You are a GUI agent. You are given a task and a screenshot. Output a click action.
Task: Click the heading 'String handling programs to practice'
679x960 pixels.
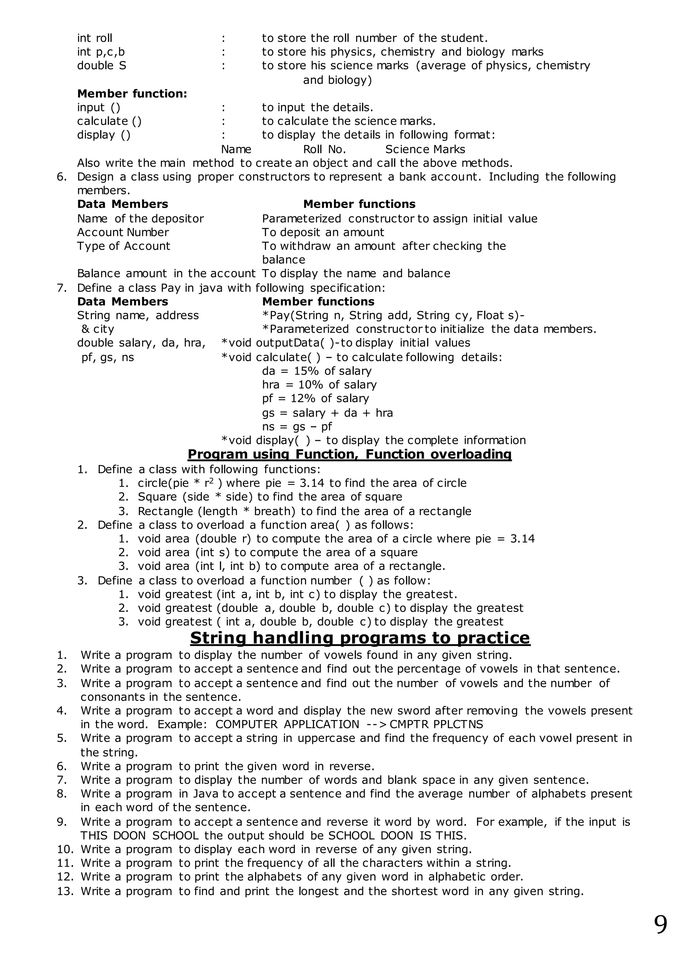[360, 638]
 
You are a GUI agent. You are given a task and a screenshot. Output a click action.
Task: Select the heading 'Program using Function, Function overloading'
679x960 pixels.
[349, 454]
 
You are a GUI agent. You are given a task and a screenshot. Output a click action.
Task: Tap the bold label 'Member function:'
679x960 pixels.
[132, 94]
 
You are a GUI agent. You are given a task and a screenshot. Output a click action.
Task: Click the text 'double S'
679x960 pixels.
[101, 66]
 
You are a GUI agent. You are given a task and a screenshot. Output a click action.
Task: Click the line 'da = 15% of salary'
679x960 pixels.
[317, 371]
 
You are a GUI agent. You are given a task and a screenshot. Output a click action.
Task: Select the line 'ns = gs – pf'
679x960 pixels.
[297, 427]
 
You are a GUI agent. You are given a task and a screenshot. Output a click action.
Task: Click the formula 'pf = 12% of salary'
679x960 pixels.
[315, 398]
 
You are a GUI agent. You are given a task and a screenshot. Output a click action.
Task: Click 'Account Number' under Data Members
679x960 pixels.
[123, 232]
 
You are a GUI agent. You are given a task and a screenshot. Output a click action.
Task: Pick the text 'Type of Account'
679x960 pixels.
[124, 246]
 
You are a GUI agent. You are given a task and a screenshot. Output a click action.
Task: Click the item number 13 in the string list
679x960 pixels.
[65, 891]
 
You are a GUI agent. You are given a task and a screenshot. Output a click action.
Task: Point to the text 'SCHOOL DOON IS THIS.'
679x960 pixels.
[397, 836]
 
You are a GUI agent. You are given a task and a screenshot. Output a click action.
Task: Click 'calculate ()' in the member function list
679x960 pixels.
[109, 121]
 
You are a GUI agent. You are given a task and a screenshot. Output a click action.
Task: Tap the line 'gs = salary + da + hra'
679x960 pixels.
[327, 413]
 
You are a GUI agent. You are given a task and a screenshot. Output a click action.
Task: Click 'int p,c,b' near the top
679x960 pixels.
[101, 52]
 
